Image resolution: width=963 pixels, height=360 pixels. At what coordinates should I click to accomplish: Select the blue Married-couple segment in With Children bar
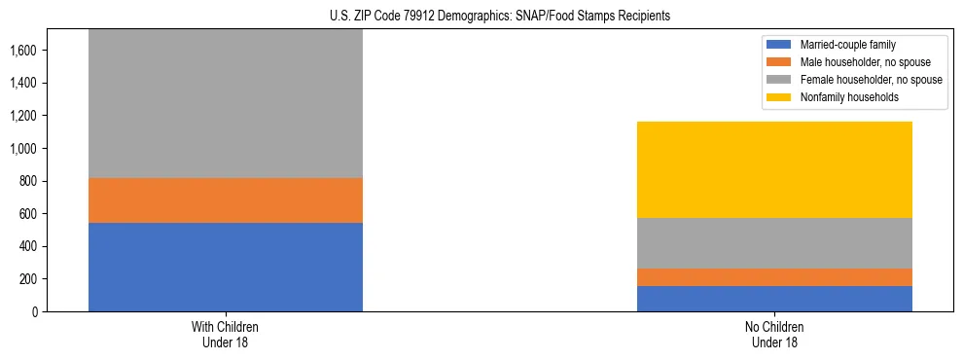point(225,267)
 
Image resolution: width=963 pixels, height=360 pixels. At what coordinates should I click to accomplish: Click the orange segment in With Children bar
point(225,200)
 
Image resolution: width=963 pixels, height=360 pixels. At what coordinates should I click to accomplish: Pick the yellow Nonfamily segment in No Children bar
point(774,169)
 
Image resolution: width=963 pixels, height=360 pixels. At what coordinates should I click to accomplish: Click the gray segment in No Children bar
point(774,242)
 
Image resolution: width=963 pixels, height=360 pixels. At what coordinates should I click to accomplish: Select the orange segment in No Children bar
point(774,277)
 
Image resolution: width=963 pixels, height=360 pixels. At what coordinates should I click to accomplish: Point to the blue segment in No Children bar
point(774,299)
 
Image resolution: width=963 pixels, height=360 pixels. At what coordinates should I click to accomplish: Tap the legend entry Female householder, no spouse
point(862,80)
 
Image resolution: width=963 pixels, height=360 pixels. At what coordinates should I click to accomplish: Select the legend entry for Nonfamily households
point(842,97)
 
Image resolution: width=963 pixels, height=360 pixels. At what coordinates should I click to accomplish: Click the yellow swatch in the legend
point(779,97)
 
